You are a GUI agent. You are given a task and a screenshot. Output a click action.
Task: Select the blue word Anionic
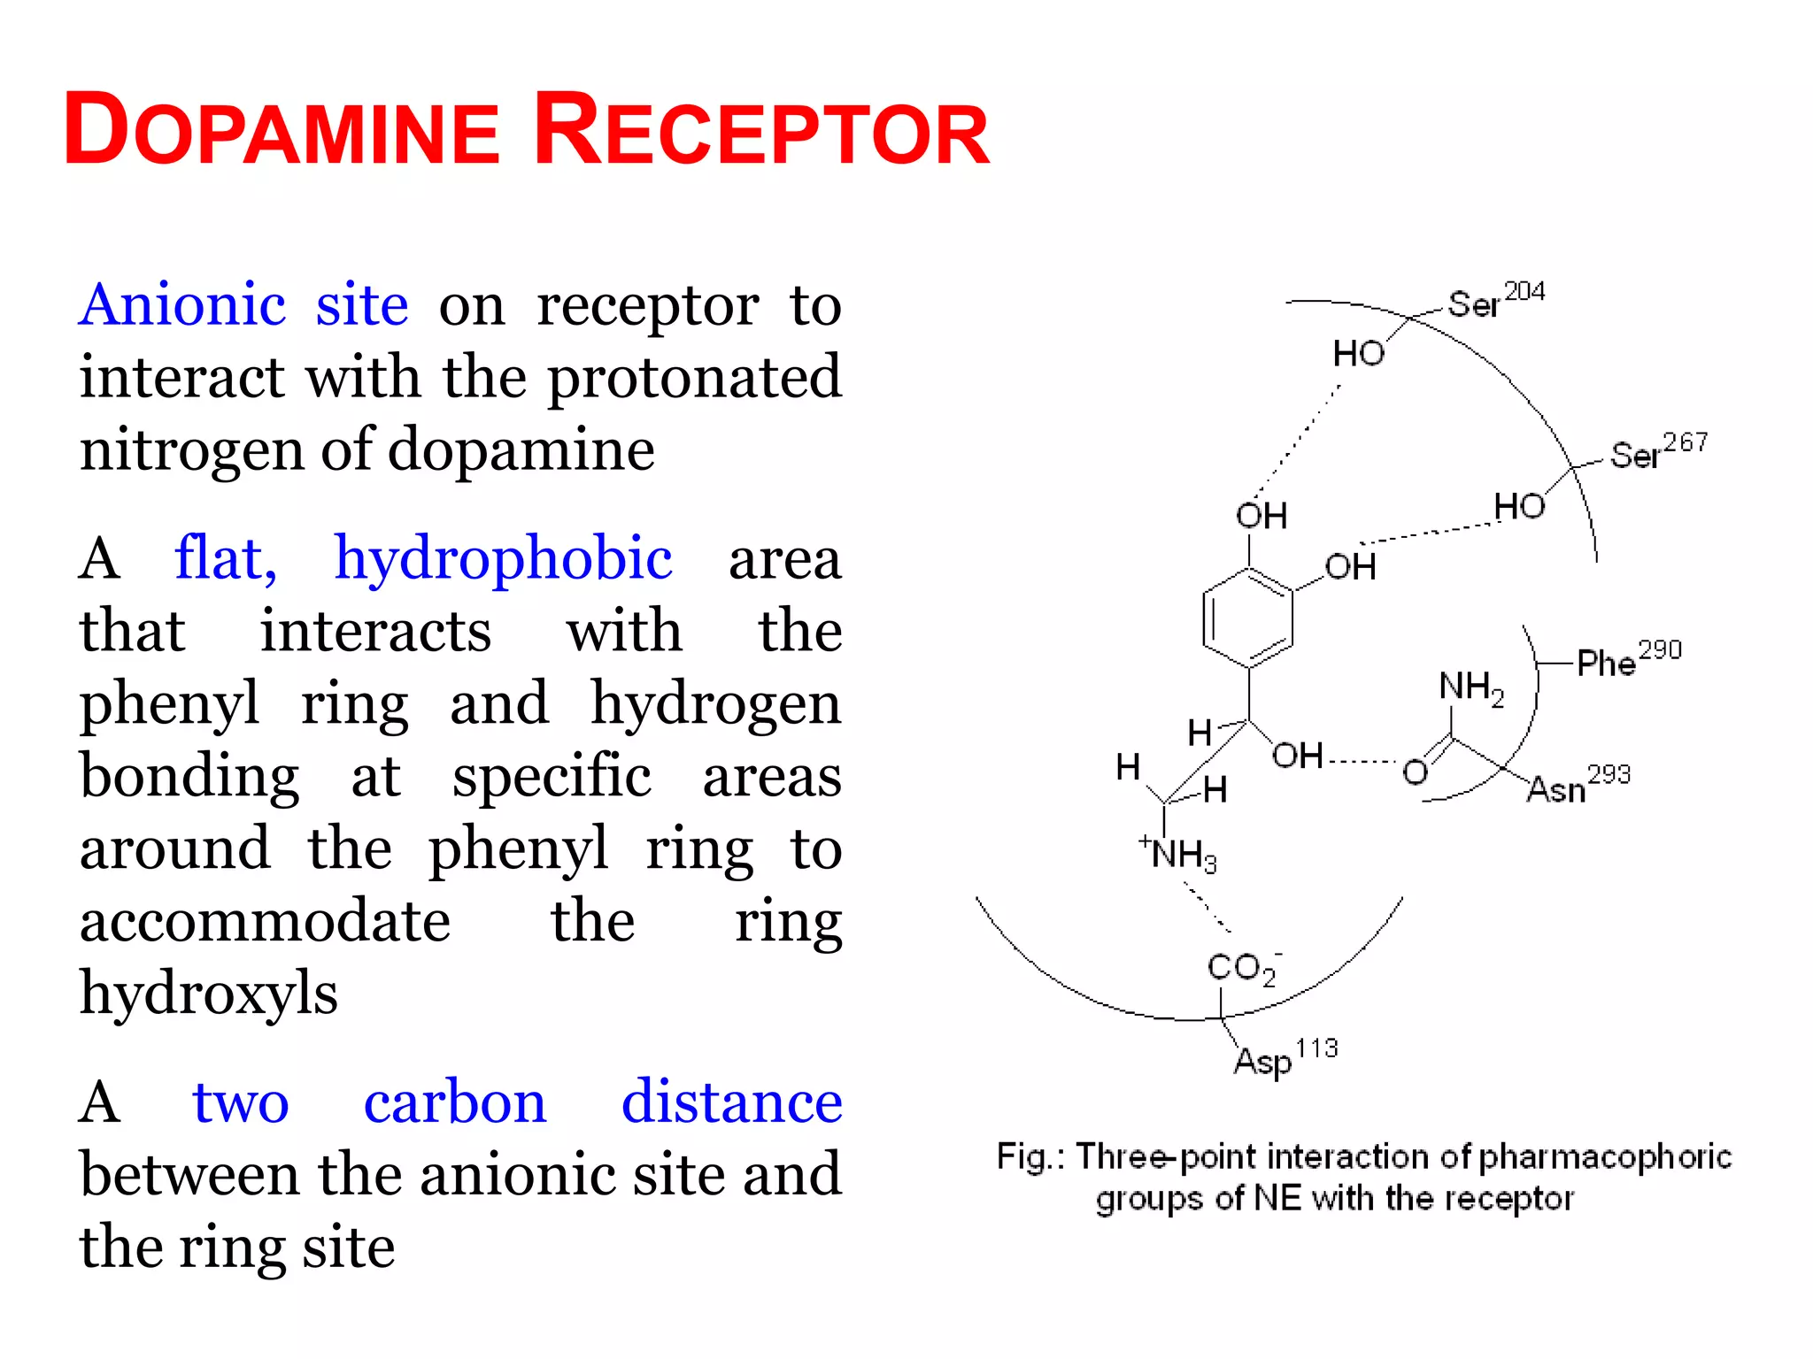[182, 305]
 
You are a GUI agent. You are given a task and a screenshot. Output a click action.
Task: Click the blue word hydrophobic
[503, 559]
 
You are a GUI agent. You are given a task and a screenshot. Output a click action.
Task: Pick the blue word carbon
[455, 1102]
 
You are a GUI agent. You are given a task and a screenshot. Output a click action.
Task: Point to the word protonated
[694, 379]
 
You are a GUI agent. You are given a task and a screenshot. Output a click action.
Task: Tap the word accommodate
[265, 921]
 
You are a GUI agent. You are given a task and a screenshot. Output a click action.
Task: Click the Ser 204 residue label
[1496, 301]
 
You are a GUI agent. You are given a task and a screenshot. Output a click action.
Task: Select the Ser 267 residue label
[1658, 451]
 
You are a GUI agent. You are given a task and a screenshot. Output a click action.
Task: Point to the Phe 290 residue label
[1628, 659]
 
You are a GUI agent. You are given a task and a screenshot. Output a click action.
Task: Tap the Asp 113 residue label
[1285, 1057]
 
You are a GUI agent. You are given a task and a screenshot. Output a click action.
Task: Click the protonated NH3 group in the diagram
[1181, 855]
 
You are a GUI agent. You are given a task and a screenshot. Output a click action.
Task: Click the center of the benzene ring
[1248, 618]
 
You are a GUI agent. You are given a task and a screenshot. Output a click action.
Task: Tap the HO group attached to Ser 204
[1359, 354]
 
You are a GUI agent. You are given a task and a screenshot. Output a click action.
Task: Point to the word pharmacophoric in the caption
[1604, 1157]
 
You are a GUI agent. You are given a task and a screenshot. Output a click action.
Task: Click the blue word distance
[731, 1102]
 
